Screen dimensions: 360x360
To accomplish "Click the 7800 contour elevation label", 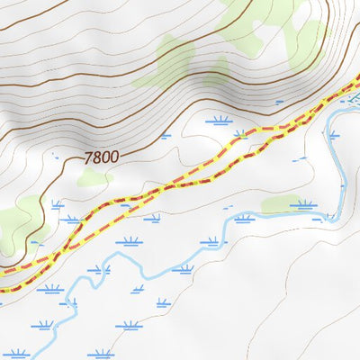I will pos(101,157).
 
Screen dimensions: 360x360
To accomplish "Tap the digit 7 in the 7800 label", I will pos(88,157).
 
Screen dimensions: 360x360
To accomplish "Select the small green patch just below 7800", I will pos(94,177).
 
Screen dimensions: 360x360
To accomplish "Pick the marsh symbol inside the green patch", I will pos(303,204).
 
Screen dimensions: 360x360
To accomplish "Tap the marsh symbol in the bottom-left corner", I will pos(15,354).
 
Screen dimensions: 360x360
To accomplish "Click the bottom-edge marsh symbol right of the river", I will pos(101,354).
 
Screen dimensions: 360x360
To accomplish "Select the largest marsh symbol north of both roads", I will pos(219,119).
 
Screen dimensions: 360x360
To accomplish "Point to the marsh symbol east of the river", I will pos(334,135).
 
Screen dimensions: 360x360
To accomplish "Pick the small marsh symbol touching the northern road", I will pos(240,135).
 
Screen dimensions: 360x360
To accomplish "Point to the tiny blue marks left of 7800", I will pos(57,158).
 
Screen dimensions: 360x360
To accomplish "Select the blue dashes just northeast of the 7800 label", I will pos(165,136).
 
